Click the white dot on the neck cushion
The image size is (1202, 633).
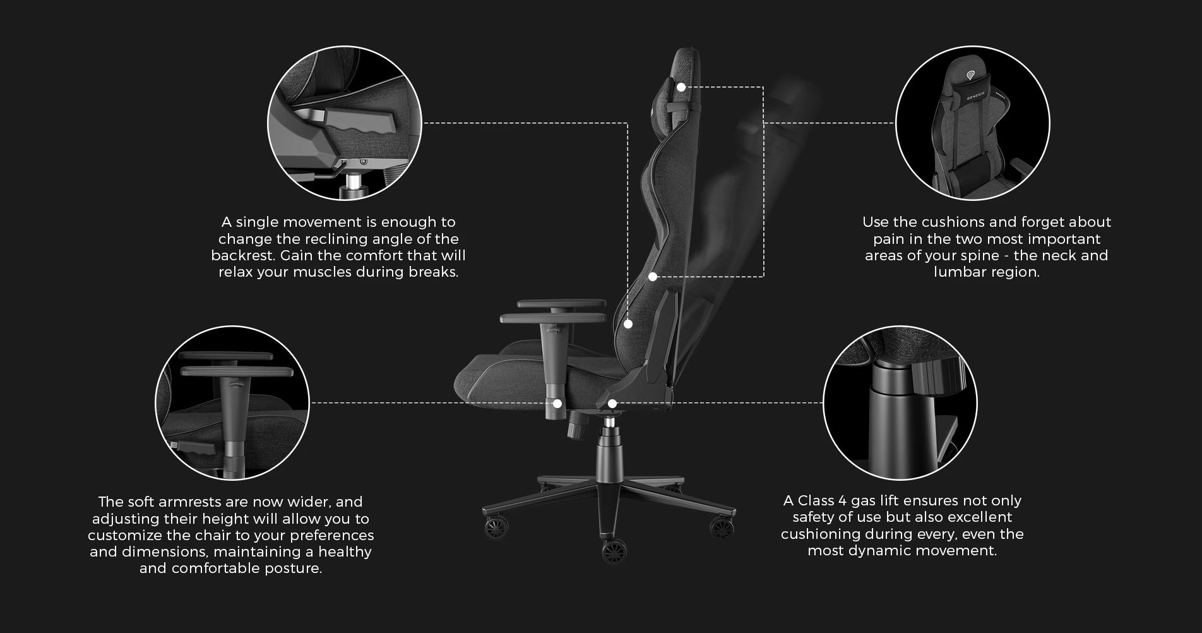point(681,87)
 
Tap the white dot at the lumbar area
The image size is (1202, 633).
point(653,276)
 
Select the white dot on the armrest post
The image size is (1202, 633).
point(557,403)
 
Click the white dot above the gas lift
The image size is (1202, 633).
point(612,403)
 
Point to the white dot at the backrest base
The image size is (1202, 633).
point(628,324)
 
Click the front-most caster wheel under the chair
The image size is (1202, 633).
point(612,552)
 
